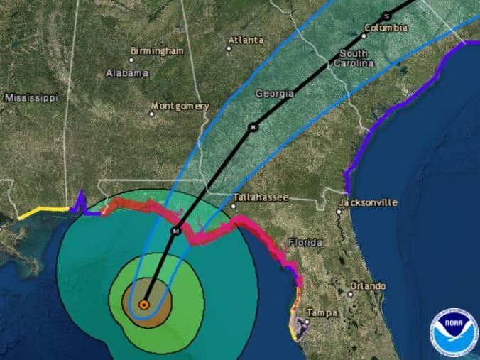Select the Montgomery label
(x=182, y=106)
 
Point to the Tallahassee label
(x=262, y=197)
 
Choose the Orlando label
(x=370, y=286)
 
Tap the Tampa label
(x=322, y=313)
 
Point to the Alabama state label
(x=126, y=73)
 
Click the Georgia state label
(x=274, y=93)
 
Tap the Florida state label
(x=305, y=243)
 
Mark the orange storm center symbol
(x=143, y=304)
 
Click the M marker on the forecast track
(x=178, y=231)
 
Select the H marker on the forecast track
(x=252, y=128)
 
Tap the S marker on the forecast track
(x=386, y=16)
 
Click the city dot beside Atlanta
(x=229, y=48)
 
